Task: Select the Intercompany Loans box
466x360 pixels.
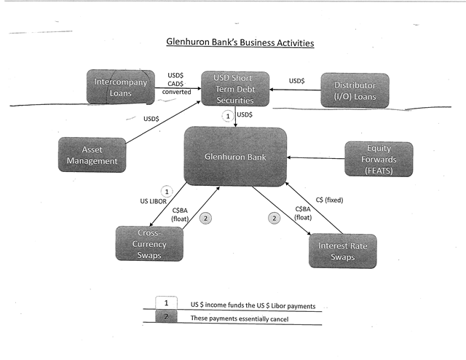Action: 120,88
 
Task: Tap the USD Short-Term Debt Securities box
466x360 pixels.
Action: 234,89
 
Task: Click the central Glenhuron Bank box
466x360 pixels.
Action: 234,156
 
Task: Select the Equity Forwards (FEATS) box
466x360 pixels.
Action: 378,160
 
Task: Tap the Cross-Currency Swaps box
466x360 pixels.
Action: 149,243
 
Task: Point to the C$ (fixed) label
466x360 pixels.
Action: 330,199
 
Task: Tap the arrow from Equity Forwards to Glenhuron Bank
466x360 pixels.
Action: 315,157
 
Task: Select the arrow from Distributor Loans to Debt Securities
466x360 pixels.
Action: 296,90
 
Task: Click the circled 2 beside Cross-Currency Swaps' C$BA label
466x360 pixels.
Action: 205,217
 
